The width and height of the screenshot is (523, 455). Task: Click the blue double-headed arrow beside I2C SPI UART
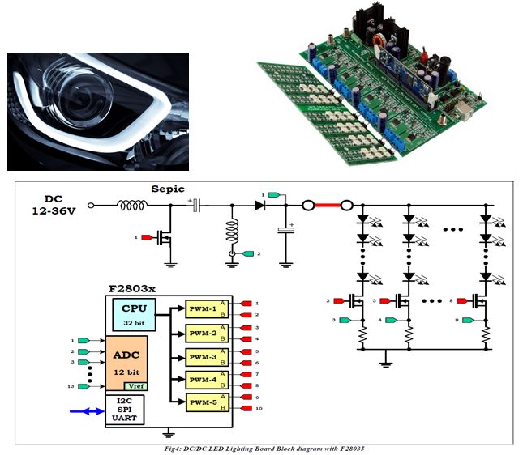[x=87, y=411]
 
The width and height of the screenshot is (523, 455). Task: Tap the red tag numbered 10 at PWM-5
[x=248, y=409]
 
